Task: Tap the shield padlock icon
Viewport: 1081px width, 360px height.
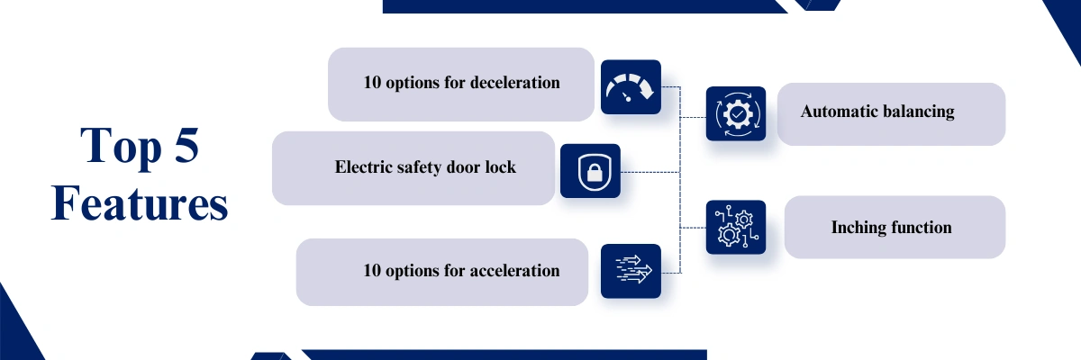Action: tap(595, 172)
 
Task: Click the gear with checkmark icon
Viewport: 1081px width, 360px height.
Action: tap(737, 114)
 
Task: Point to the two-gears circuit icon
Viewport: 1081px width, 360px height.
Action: tap(736, 227)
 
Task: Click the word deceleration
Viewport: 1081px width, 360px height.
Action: tap(515, 83)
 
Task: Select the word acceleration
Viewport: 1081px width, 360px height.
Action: tap(515, 270)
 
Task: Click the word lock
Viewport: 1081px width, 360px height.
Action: tap(501, 167)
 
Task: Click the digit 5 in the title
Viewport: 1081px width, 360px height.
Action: tap(186, 145)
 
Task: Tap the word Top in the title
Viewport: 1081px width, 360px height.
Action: tap(121, 148)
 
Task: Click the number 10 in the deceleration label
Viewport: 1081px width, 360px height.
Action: tap(373, 83)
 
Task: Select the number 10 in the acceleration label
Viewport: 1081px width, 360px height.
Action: tap(373, 270)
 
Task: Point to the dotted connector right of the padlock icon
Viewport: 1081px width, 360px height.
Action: tap(650, 172)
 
